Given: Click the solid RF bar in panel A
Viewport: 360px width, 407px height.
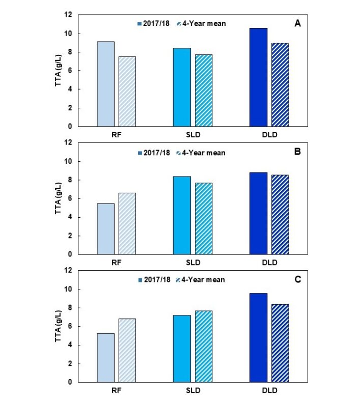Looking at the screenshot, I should tap(106, 84).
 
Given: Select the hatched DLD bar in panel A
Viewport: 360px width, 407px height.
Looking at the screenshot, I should tap(280, 84).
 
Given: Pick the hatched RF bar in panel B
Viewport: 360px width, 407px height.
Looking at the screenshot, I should tap(127, 223).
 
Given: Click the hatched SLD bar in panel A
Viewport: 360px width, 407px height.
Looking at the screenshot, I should tap(204, 90).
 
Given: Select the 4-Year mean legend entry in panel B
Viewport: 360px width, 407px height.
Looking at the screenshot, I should tap(204, 152).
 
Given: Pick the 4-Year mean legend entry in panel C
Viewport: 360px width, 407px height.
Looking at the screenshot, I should tap(204, 279).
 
